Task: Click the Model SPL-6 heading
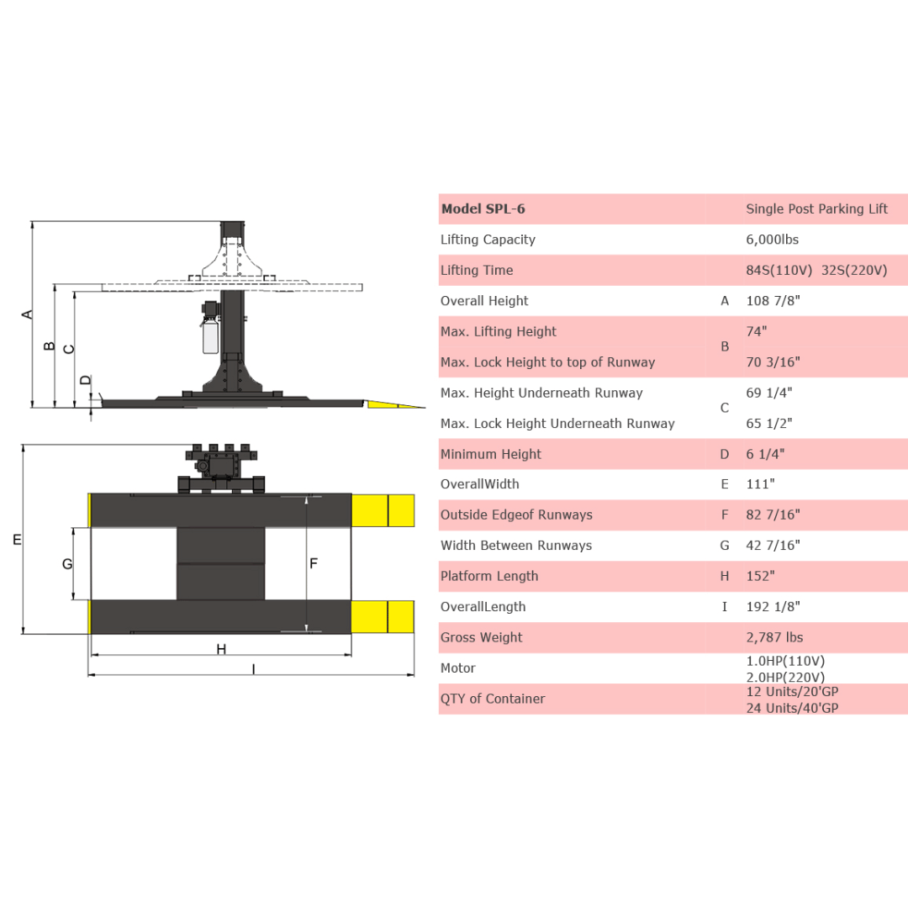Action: [483, 209]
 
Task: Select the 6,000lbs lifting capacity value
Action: [772, 240]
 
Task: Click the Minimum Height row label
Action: [490, 454]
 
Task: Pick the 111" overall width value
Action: [760, 484]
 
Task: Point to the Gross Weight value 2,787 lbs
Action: [774, 637]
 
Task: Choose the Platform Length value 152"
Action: [760, 576]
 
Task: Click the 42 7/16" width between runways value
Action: [773, 546]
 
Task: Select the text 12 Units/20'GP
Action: [792, 691]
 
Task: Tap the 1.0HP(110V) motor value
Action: [785, 661]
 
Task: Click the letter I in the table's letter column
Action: [725, 607]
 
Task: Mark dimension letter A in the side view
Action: [28, 314]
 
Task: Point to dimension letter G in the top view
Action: [67, 564]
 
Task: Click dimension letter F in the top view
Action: [314, 563]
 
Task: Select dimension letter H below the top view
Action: [221, 649]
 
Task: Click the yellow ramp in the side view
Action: [395, 404]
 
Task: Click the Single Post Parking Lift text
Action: [816, 209]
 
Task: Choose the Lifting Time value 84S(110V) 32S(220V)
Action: [816, 271]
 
